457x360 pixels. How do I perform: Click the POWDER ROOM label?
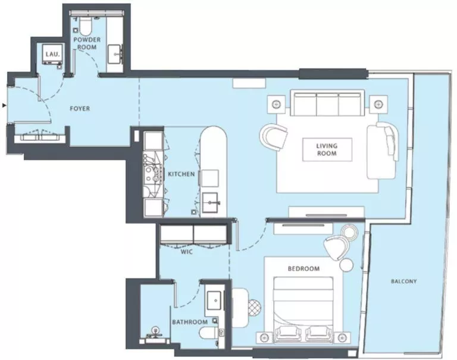tap(87, 43)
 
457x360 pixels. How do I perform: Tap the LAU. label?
tap(50, 55)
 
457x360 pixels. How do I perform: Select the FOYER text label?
tap(80, 109)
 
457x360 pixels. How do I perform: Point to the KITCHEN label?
tap(181, 174)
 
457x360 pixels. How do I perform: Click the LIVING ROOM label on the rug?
tap(326, 149)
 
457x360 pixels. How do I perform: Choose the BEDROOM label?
tap(303, 268)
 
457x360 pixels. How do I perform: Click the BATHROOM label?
tap(190, 322)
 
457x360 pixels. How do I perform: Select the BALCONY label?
tap(404, 281)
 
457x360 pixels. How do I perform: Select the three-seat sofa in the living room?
tap(327, 105)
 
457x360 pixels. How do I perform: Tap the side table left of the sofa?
tap(276, 104)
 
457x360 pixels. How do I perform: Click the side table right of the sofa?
tap(378, 104)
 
